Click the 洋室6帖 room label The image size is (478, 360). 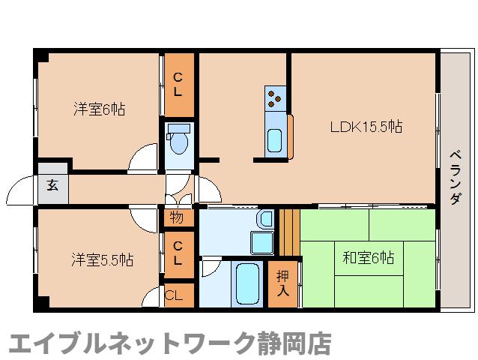pyautogui.click(x=99, y=109)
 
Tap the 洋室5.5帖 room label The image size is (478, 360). pyautogui.click(x=103, y=259)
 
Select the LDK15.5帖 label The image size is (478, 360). pyautogui.click(x=366, y=127)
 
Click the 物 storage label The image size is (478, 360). pyautogui.click(x=177, y=219)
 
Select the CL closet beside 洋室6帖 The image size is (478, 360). pyautogui.click(x=178, y=84)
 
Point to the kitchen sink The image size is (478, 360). pyautogui.click(x=275, y=139)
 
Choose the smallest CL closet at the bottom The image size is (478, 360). pyautogui.click(x=173, y=295)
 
